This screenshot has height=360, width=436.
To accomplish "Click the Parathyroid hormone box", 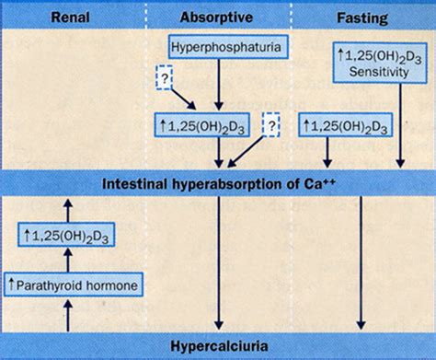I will [72, 285].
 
